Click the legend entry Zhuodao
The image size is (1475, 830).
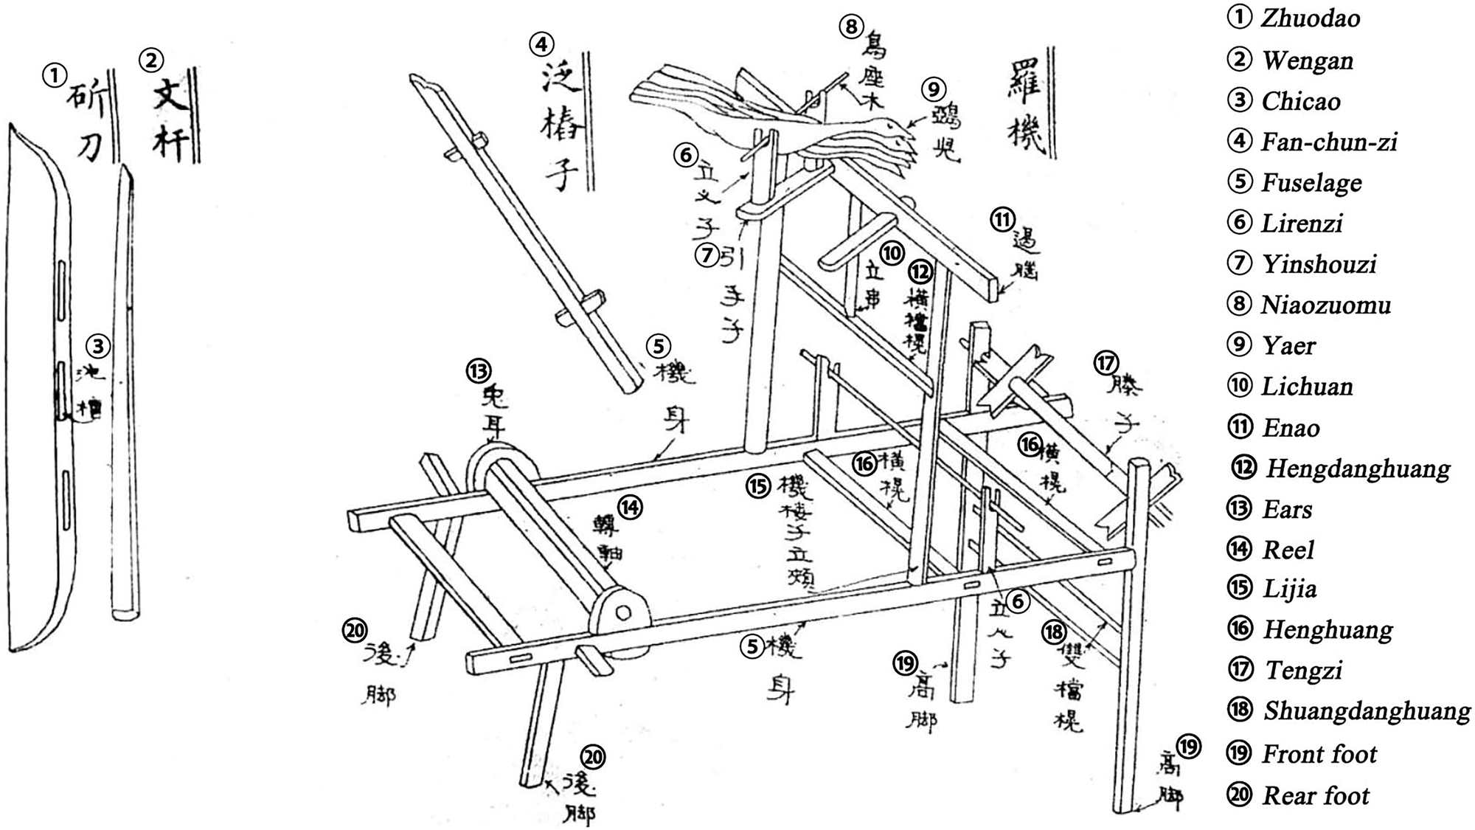click(x=1310, y=18)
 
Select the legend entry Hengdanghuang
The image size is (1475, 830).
click(x=1357, y=468)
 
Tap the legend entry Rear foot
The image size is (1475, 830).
click(x=1315, y=795)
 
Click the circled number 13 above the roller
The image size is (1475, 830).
click(x=479, y=370)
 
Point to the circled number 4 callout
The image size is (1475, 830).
click(x=541, y=44)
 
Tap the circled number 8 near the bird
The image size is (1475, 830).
click(x=851, y=27)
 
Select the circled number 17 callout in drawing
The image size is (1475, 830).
click(x=1106, y=362)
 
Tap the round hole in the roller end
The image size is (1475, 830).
click(x=623, y=612)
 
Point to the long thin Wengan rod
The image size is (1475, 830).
click(x=124, y=391)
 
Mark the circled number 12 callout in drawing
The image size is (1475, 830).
click(x=920, y=272)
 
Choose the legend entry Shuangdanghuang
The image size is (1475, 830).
click(x=1366, y=710)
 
